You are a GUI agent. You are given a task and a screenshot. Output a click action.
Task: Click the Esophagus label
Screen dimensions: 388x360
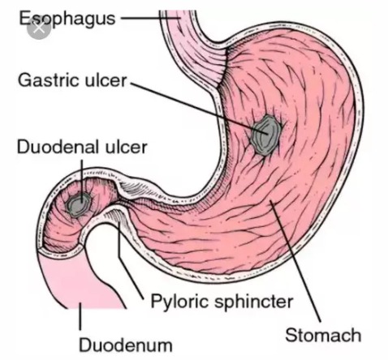click(67, 19)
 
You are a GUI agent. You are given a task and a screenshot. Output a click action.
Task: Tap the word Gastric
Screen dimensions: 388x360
click(50, 80)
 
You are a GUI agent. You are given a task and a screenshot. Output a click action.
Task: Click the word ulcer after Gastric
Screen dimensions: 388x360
click(106, 80)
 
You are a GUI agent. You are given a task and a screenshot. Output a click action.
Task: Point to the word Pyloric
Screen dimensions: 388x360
click(179, 302)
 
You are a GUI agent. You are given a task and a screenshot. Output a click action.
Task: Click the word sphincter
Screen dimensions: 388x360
click(253, 302)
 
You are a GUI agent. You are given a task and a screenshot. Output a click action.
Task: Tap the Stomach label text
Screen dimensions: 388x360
click(323, 335)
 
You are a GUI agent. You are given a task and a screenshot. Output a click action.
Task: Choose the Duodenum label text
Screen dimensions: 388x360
click(126, 345)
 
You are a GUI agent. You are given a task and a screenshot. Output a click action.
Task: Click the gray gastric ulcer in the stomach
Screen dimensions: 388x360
click(265, 135)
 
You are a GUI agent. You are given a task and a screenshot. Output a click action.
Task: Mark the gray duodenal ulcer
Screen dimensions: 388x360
click(79, 204)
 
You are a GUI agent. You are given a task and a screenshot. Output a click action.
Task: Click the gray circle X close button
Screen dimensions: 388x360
click(39, 28)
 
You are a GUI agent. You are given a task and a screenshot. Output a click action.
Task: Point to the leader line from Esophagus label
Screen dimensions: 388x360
click(150, 19)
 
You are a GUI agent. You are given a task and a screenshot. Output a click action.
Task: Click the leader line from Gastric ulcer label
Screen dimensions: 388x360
click(200, 108)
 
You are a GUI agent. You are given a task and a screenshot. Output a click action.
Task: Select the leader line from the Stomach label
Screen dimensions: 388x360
click(295, 261)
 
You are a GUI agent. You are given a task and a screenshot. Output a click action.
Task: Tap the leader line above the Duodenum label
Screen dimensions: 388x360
click(80, 316)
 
